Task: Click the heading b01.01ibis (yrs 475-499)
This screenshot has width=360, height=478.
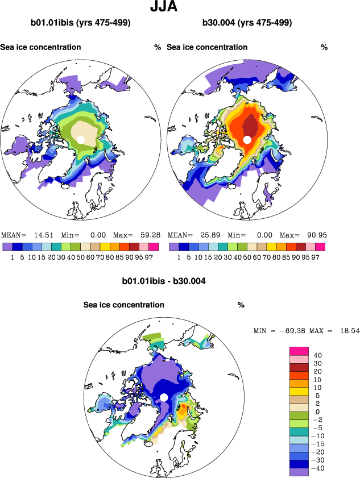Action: [x=81, y=23]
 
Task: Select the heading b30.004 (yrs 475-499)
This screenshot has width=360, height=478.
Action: [x=247, y=23]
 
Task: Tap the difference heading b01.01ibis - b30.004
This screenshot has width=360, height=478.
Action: [x=164, y=281]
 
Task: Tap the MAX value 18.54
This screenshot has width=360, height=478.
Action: [x=348, y=330]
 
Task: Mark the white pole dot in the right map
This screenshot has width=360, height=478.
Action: [x=247, y=140]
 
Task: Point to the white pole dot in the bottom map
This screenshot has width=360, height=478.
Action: [x=164, y=397]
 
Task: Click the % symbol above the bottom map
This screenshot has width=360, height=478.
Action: [x=241, y=305]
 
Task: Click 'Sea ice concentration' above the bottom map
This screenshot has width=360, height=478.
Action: [x=124, y=305]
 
